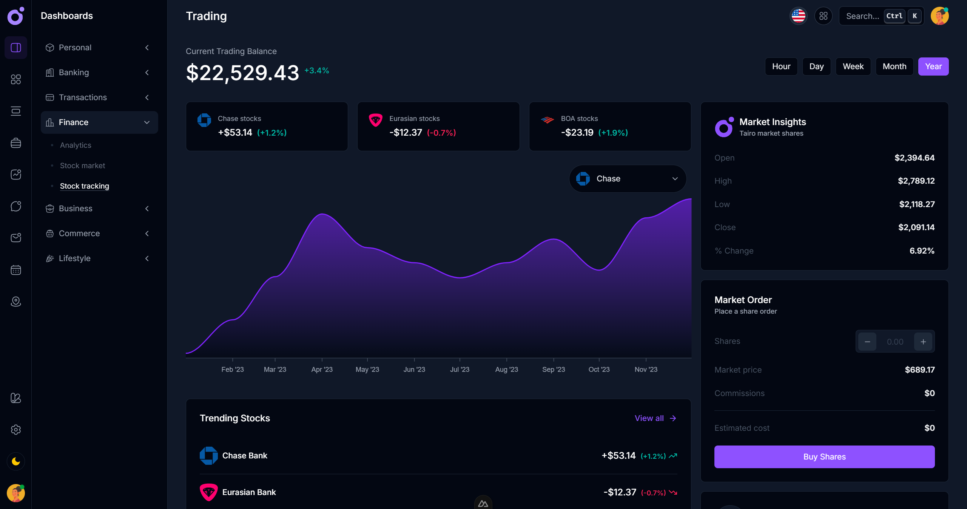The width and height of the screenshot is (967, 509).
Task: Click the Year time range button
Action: pos(933,67)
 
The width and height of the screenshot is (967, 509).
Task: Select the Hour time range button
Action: pos(781,67)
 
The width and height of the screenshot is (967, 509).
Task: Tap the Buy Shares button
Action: pos(824,456)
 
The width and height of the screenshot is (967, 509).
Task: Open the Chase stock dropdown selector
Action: pos(628,179)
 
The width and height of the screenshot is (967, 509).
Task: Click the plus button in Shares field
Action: pos(923,342)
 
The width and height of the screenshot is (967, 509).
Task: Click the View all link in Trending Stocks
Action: pos(655,418)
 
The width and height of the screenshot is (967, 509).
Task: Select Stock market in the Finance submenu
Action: pos(82,166)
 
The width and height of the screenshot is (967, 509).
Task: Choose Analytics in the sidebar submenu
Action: pos(76,145)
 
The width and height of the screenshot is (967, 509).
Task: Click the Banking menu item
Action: pos(74,73)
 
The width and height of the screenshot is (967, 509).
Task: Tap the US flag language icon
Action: pos(798,16)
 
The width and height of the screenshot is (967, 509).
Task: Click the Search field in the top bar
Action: pos(862,16)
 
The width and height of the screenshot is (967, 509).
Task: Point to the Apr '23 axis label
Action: pos(322,369)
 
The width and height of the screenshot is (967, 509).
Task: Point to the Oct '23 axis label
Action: pos(599,369)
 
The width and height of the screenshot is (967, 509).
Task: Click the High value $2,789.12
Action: pos(916,181)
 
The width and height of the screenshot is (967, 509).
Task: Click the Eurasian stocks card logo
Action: pos(375,120)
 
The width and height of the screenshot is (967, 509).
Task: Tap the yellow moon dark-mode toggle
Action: pos(16,461)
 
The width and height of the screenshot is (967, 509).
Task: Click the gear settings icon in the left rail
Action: pos(16,430)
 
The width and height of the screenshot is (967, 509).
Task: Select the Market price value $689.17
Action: pos(919,370)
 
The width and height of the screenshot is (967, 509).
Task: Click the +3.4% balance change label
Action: pos(316,71)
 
